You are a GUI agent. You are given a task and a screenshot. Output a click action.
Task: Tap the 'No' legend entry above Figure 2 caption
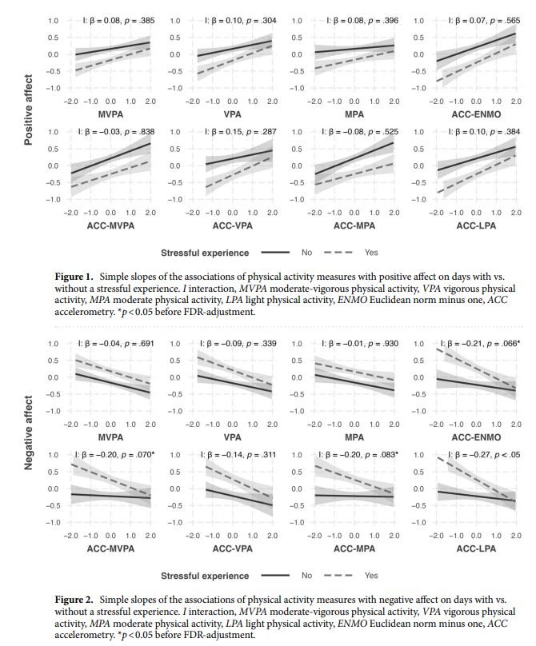[x=307, y=575]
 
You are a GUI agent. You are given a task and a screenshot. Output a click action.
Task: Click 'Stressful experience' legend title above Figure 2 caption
[x=206, y=575]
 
